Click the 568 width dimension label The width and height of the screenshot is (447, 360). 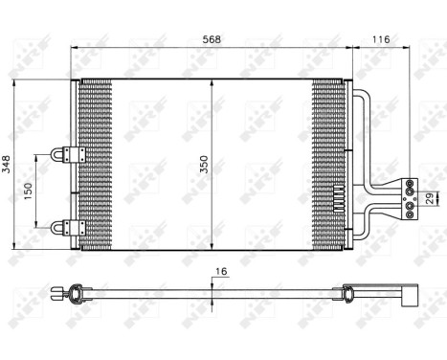(x=212, y=40)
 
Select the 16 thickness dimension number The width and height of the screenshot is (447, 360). (x=221, y=272)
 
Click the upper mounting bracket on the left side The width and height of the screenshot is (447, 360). (x=68, y=153)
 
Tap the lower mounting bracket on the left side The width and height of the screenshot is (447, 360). (x=68, y=227)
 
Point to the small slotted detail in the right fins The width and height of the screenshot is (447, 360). (x=337, y=200)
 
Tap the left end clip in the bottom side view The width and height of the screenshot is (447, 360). (x=68, y=292)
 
